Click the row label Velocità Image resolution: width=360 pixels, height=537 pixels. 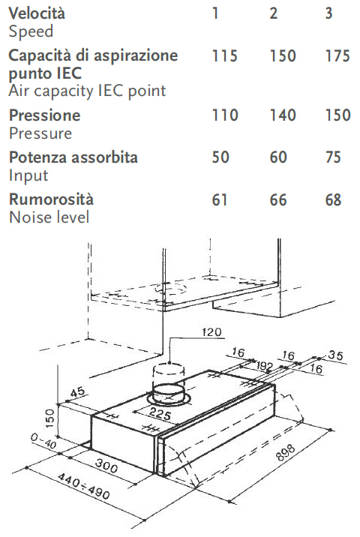pos(37,13)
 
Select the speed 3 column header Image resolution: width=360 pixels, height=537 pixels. pos(328,13)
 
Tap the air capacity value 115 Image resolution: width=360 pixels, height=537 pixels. pos(225,55)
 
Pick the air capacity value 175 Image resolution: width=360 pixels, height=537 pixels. pos(337,55)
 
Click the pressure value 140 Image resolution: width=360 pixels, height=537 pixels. pos(283,115)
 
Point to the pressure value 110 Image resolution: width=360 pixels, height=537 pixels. pos(225,115)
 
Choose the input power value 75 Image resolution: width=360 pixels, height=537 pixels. pos(333,157)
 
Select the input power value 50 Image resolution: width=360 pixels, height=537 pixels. pos(220,157)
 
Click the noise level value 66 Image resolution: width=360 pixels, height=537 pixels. pos(277,200)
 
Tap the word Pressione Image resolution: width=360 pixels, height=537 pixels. pos(44,115)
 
